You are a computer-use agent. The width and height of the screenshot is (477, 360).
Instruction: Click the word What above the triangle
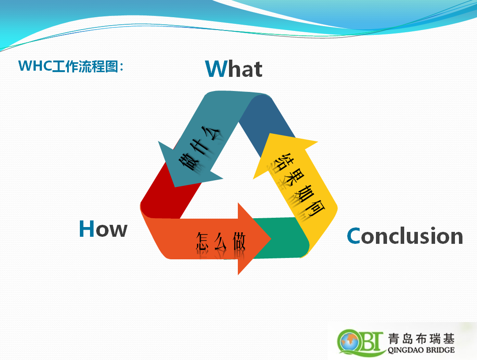pos(233,68)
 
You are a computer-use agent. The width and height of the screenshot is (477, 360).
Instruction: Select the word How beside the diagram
pos(103,229)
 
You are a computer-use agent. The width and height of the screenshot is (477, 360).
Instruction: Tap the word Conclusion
pos(405,235)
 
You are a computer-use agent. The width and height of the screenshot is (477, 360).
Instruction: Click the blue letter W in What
pos(216,68)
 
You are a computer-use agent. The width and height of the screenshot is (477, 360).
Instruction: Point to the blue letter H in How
pos(86,228)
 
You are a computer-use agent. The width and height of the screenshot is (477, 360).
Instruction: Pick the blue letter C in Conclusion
pos(353,236)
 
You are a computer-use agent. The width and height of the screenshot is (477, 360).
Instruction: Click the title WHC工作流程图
pos(71,66)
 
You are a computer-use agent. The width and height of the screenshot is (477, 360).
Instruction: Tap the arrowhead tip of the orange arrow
pos(271,239)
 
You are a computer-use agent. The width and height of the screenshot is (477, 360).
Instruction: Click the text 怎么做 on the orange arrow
pos(221,242)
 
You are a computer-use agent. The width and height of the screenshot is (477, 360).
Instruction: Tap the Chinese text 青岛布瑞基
pos(421,339)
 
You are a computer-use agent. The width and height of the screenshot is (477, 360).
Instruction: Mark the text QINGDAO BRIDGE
pos(421,350)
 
